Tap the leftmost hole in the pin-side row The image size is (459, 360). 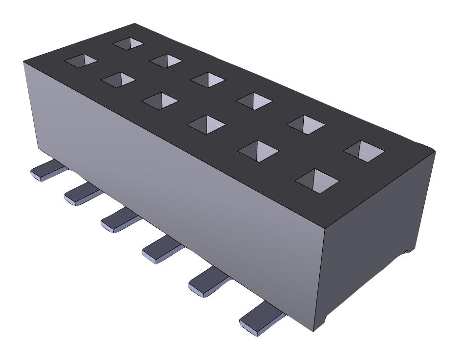[82, 60]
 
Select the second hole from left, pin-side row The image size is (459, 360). [118, 79]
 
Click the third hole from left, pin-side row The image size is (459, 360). [159, 100]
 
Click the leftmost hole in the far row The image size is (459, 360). [128, 43]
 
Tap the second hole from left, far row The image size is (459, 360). [166, 60]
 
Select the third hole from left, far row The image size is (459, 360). [207, 79]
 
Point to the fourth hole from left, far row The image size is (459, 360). [253, 100]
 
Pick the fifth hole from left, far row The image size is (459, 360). [306, 124]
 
